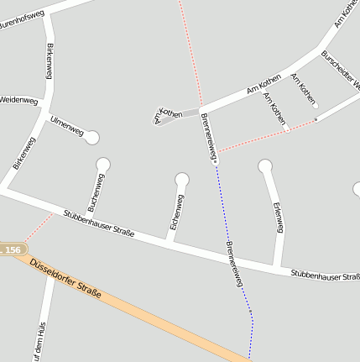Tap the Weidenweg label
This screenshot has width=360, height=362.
(x=19, y=100)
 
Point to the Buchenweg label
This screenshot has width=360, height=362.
(x=96, y=192)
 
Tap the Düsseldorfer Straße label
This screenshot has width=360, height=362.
(x=65, y=278)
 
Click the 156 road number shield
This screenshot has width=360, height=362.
(x=12, y=250)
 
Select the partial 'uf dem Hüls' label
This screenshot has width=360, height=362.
(x=39, y=341)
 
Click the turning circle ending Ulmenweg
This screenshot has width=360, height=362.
(x=92, y=138)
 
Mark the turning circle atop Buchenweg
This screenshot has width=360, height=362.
(x=103, y=165)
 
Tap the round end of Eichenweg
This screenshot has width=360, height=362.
(x=182, y=179)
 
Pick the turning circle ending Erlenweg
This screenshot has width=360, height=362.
(x=265, y=166)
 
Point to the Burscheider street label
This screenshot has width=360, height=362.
(x=340, y=71)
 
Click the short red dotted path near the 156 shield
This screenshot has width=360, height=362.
(x=38, y=227)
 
